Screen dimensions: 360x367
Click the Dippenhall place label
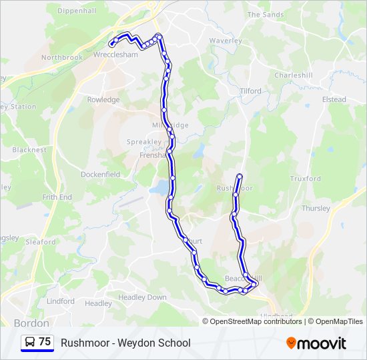[77, 11]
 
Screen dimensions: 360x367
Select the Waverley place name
[226, 41]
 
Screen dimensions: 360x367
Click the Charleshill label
[293, 75]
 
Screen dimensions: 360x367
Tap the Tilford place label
[250, 91]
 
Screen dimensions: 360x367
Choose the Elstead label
[334, 99]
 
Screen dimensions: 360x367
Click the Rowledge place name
[103, 100]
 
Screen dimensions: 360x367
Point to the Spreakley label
[144, 142]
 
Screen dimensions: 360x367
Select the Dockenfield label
[101, 175]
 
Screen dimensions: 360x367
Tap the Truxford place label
[305, 179]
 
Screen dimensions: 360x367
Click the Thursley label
[316, 208]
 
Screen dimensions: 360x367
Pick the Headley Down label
[142, 297]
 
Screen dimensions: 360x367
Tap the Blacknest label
[29, 150]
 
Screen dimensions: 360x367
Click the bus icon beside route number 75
[30, 342]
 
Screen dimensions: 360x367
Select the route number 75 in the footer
[45, 342]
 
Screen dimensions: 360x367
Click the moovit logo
[316, 343]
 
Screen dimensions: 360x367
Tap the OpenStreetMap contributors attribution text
[256, 321]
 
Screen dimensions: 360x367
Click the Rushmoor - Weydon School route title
[125, 343]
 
